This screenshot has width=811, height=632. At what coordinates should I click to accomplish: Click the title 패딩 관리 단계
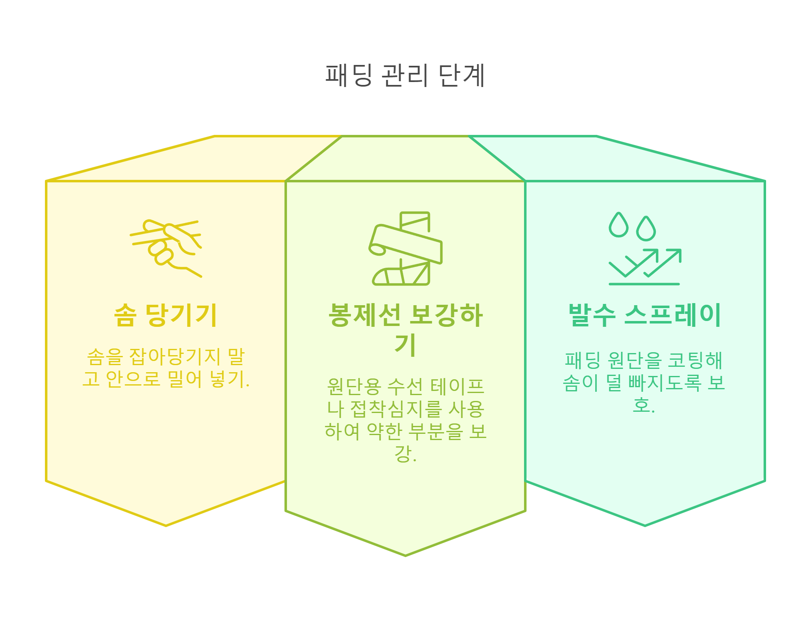[x=405, y=75]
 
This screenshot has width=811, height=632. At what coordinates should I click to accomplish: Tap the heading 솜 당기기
[x=166, y=315]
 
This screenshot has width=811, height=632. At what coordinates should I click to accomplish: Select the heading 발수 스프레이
[x=645, y=315]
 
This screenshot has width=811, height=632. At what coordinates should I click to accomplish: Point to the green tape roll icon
[x=405, y=249]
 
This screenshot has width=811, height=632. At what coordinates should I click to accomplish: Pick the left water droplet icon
[x=618, y=225]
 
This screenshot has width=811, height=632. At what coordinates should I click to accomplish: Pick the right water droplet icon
[x=646, y=229]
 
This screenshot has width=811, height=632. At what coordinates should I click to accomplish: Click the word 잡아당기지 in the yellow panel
[x=175, y=356]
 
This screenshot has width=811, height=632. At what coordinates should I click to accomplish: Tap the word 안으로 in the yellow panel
[x=133, y=379]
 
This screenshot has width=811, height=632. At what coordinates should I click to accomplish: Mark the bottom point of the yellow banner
[x=166, y=525]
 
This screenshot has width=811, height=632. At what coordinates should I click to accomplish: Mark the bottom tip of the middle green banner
[x=405, y=555]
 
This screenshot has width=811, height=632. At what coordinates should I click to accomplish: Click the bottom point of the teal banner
[x=645, y=525]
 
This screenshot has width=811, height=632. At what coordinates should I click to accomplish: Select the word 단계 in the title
[x=462, y=75]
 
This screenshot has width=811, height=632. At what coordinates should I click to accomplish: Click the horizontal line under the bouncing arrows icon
[x=644, y=284]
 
